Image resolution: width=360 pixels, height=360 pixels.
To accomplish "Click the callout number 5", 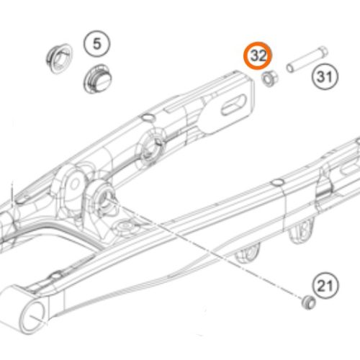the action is tap(96, 44).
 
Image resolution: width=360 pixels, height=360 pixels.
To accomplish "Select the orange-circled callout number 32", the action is tap(258, 56).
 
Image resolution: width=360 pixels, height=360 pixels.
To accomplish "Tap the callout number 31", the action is tap(325, 77).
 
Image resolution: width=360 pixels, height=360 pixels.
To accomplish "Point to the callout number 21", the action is tap(325, 286).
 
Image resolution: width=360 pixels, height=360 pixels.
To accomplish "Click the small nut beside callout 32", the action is tap(270, 78).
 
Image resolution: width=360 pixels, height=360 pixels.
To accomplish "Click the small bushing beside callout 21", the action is tap(308, 303).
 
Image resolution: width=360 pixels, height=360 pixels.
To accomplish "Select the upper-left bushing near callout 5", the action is tap(59, 58).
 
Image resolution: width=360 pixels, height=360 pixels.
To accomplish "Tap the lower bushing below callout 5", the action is tap(98, 78).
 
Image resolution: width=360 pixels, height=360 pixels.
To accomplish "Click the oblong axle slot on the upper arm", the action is tap(234, 104).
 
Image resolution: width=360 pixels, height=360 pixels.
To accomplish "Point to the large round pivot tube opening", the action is tap(33, 315).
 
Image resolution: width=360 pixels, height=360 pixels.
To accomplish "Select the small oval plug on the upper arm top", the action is tap(147, 117).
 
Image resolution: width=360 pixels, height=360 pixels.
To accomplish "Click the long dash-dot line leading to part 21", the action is tap(204, 248).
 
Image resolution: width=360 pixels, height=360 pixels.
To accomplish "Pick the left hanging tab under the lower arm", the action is tap(248, 255).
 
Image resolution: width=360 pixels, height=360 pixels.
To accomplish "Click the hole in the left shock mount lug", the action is tap(74, 184).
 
